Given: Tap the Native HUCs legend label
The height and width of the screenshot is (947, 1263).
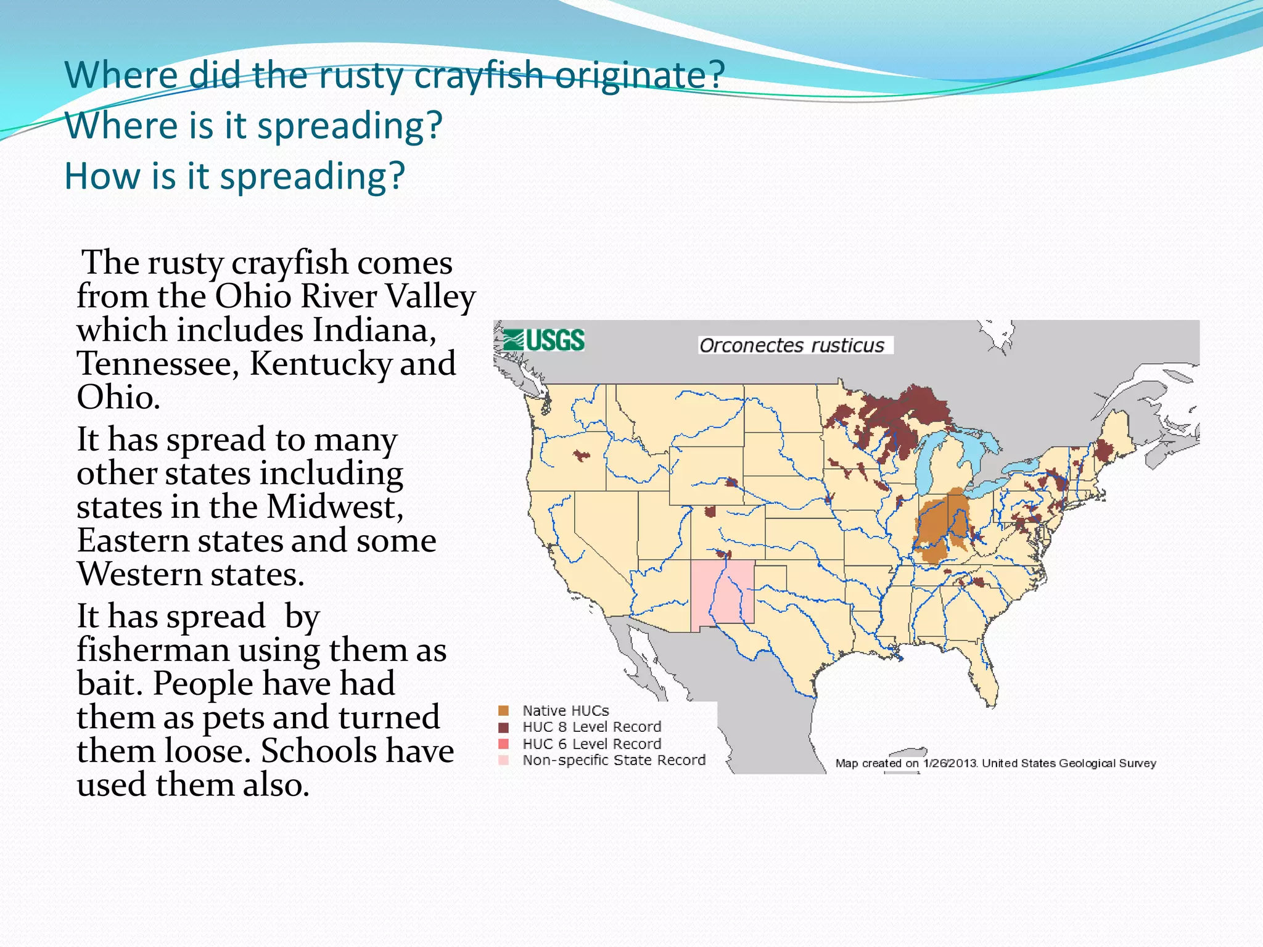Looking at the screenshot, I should point(566,710).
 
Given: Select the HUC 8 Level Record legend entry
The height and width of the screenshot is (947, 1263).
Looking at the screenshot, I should point(591,727).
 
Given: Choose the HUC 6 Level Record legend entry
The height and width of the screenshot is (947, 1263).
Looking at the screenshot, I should point(591,744).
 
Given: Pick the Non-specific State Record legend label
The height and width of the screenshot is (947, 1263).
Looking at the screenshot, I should point(614,760).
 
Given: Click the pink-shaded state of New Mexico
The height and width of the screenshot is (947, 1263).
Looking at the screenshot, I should point(722,592).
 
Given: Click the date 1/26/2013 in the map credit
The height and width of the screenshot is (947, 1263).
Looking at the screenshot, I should point(950,763).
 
